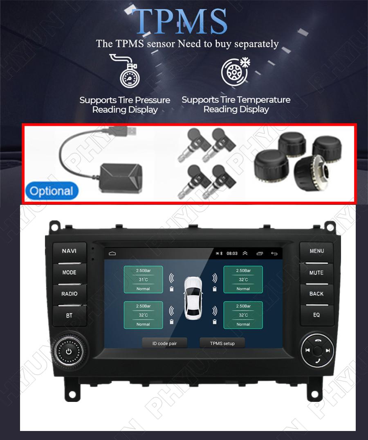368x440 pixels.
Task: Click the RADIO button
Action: click(x=69, y=294)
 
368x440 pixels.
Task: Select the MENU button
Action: click(x=317, y=251)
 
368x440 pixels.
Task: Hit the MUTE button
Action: click(x=316, y=273)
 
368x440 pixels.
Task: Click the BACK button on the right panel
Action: click(x=316, y=294)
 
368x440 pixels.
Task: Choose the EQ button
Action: click(x=316, y=315)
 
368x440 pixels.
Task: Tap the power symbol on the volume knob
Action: click(x=69, y=352)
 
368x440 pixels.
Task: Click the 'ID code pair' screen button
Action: click(x=165, y=343)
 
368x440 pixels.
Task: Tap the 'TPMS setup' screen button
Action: click(x=222, y=343)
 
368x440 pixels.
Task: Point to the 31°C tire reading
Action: click(x=143, y=279)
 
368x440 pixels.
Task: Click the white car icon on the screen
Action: click(x=193, y=298)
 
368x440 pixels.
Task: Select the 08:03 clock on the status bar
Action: click(x=232, y=254)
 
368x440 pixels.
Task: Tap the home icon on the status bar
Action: click(x=112, y=254)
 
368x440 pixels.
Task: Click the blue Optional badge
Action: click(x=52, y=191)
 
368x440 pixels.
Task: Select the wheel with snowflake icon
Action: click(x=235, y=72)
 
